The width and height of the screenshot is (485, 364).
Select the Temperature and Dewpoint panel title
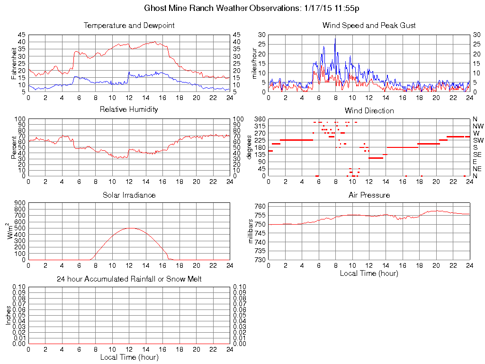129,26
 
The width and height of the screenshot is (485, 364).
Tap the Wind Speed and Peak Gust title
369,26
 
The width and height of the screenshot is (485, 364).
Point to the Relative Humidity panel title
129,109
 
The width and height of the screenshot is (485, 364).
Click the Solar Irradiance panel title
129,195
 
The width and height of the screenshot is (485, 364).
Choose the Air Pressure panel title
369,195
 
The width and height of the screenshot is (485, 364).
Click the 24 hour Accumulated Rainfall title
129,279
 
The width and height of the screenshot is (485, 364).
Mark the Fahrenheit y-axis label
14,63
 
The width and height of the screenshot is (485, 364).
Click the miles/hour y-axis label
254,63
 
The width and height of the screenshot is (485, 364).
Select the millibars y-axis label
251,232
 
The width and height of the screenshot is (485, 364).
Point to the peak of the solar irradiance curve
129,228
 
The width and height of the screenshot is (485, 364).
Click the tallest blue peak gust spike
335,39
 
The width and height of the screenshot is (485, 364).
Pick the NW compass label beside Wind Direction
478,126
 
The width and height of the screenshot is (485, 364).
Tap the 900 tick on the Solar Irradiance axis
19,203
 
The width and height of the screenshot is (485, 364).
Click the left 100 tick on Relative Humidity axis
19,118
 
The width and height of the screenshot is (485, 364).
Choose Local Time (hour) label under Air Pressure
369,273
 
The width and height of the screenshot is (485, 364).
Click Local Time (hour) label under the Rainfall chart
129,357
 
